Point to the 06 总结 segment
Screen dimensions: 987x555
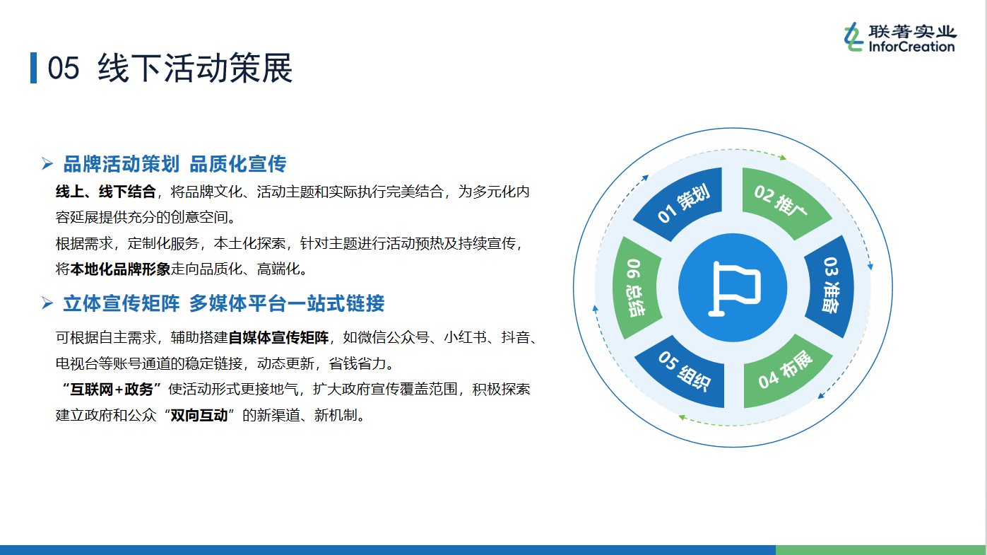coord(635,288)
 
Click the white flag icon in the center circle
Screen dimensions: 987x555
coord(733,288)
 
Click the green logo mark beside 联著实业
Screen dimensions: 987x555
coord(853,37)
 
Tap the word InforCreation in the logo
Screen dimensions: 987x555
coord(911,46)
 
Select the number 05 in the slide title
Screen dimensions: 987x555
coord(64,69)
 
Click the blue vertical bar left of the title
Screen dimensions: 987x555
coord(33,67)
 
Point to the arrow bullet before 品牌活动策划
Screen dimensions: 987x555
coord(47,163)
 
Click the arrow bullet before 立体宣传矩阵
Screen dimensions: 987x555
coord(47,303)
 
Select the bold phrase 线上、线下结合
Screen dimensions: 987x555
coord(106,192)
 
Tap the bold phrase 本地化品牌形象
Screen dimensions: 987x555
coord(120,269)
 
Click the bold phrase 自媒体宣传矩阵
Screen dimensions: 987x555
coord(278,338)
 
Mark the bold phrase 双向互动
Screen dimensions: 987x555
coord(199,415)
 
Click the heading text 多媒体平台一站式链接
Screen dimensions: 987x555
coord(287,303)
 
